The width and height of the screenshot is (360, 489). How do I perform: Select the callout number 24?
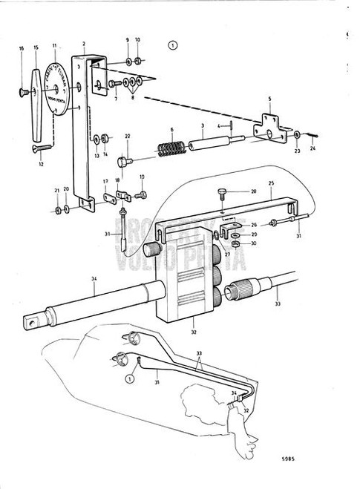[311, 149]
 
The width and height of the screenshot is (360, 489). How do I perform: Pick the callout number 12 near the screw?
[42, 164]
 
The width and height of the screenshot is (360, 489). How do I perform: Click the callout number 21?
[57, 191]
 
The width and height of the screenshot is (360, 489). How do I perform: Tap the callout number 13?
[97, 154]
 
